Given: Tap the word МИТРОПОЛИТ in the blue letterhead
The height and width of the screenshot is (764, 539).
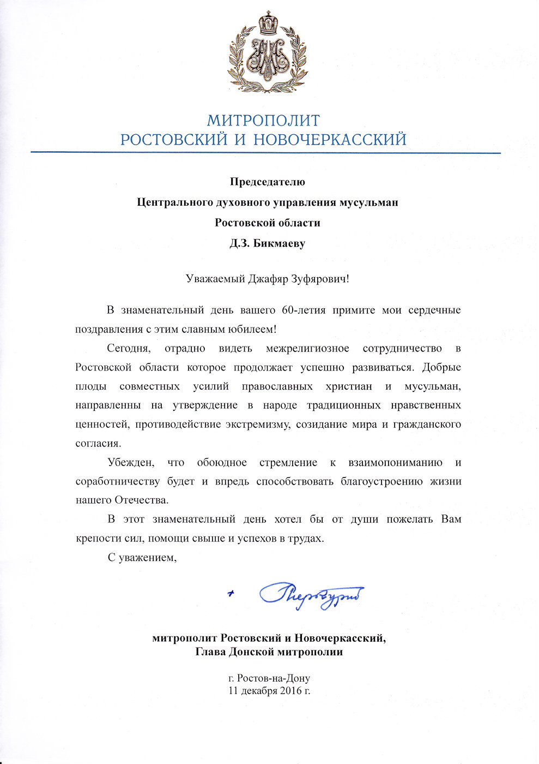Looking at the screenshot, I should point(263,121).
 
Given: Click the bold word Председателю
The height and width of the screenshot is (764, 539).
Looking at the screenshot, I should point(267,182).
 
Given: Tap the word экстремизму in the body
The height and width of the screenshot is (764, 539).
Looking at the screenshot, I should point(255,425).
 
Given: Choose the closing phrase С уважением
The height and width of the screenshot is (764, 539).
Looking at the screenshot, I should point(142,558).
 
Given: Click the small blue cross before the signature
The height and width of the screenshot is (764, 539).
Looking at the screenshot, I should point(232,593).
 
